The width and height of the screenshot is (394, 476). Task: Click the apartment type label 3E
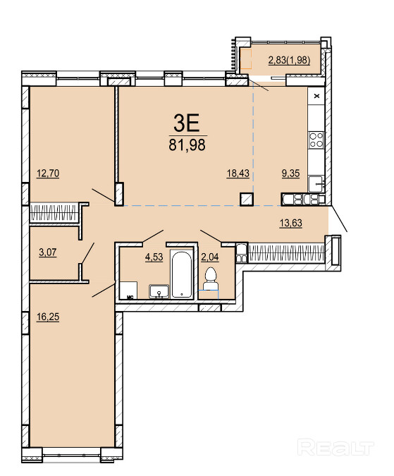[x=187, y=123]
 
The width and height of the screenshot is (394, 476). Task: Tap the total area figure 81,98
[x=187, y=145]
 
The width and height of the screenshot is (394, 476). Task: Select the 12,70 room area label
[x=48, y=173]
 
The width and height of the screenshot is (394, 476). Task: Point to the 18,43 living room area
[x=238, y=173]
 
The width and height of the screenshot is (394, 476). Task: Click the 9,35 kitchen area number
[x=290, y=173]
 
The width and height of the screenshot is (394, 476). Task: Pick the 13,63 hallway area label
[x=291, y=223]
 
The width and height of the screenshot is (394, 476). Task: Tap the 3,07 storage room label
[x=48, y=252]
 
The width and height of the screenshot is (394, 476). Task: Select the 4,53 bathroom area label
[x=154, y=257]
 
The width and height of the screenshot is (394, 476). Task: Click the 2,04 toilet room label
[x=210, y=257]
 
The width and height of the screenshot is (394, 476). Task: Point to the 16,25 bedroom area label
[x=48, y=317]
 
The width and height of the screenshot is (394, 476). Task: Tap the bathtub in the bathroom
[x=181, y=273]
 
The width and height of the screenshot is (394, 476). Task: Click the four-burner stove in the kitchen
[x=316, y=140]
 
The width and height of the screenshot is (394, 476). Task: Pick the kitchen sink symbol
[x=316, y=183]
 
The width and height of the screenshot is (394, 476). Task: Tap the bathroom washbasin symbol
[x=159, y=291]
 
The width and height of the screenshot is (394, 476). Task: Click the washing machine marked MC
[x=128, y=291]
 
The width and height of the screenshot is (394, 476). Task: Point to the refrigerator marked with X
[x=316, y=96]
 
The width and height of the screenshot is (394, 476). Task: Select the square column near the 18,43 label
[x=247, y=200]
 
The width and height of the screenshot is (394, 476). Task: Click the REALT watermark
[x=335, y=447]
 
